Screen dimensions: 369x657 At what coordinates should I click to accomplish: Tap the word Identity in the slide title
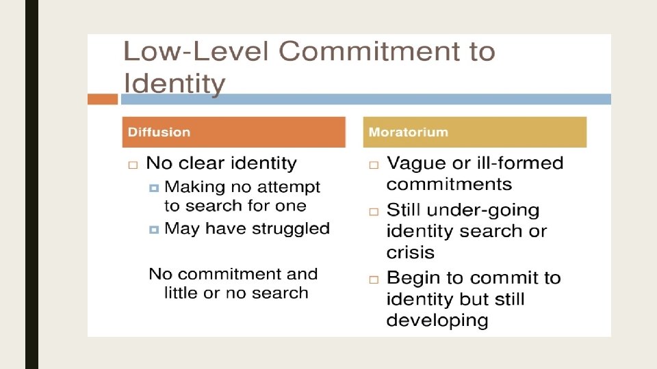(x=174, y=84)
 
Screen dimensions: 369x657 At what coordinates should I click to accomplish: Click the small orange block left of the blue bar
(x=103, y=99)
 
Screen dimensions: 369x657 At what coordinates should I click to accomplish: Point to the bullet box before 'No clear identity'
(x=133, y=165)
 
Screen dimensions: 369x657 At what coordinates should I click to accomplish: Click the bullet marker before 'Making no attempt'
(x=154, y=187)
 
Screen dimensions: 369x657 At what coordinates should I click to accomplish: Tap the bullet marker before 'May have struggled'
(x=154, y=230)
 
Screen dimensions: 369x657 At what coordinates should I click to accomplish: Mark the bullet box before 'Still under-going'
(x=374, y=212)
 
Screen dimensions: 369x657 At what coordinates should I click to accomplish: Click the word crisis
(x=410, y=252)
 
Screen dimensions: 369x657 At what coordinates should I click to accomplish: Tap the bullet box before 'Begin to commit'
(x=374, y=279)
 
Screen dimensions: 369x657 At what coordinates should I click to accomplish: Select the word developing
(x=437, y=320)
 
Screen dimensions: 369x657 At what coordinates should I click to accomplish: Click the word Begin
(x=414, y=279)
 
